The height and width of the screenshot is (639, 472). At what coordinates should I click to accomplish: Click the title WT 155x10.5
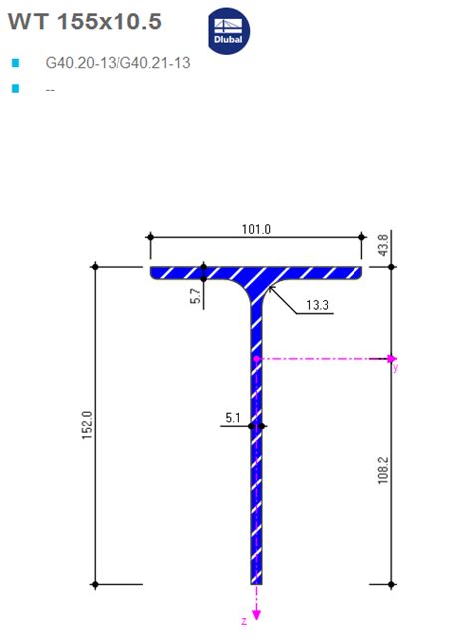tap(85, 22)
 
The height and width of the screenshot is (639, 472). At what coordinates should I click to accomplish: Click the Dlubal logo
tap(232, 32)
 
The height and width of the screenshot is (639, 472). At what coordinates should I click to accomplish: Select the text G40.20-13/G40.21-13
tap(118, 63)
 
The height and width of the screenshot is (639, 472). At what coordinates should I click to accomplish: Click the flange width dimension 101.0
tap(256, 229)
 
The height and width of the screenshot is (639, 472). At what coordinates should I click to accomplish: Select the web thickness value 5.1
tap(232, 419)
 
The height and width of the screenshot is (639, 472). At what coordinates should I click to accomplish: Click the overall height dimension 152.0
tap(87, 425)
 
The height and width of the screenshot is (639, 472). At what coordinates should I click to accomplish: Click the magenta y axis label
tap(395, 368)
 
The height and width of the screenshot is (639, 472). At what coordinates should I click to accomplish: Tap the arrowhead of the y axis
tap(393, 358)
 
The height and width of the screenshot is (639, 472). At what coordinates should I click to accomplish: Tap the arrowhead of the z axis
tap(257, 613)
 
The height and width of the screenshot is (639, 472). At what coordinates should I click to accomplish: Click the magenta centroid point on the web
tap(256, 358)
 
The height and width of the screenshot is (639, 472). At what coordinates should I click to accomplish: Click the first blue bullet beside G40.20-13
tap(15, 63)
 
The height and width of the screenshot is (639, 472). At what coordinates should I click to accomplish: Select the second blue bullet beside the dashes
tap(15, 89)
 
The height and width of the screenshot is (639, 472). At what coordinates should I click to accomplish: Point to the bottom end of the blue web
tap(256, 579)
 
